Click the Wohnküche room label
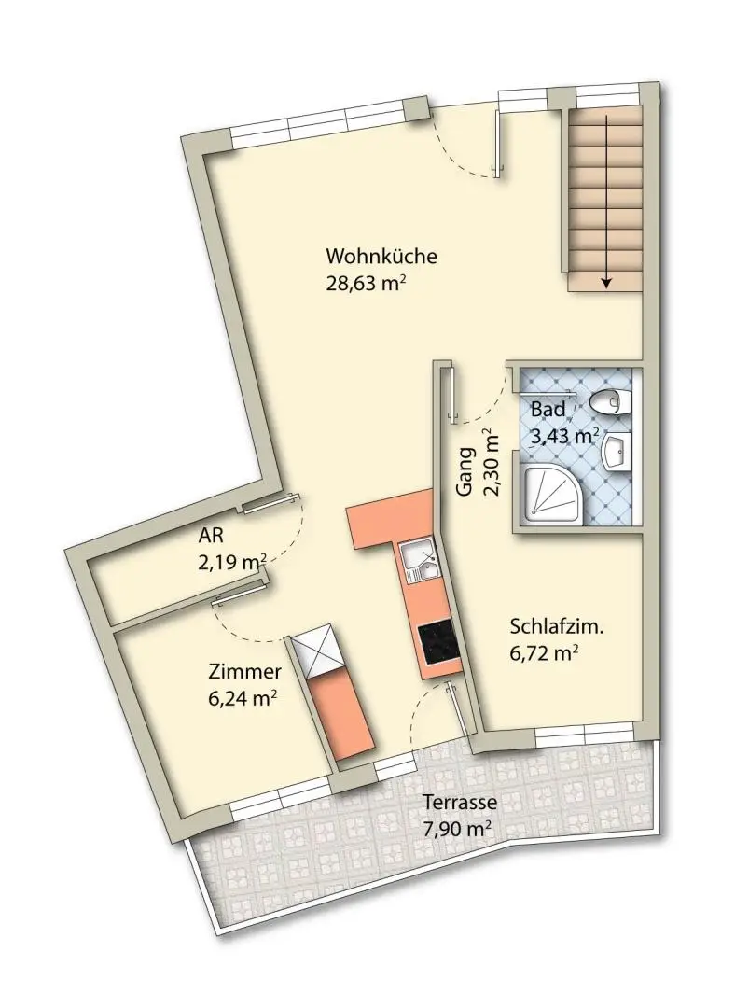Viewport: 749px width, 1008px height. [381, 256]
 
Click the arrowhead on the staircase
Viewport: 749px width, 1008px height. [606, 281]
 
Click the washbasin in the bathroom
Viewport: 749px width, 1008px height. [616, 452]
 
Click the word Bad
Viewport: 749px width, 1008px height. [548, 410]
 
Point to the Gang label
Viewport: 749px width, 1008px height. [465, 472]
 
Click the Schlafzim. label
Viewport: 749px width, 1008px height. [557, 627]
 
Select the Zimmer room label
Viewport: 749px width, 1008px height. [244, 672]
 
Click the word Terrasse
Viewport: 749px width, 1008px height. [460, 803]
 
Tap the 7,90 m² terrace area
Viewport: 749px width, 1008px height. [457, 829]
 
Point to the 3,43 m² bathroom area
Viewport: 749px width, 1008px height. [565, 437]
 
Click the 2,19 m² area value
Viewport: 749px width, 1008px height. [232, 563]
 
